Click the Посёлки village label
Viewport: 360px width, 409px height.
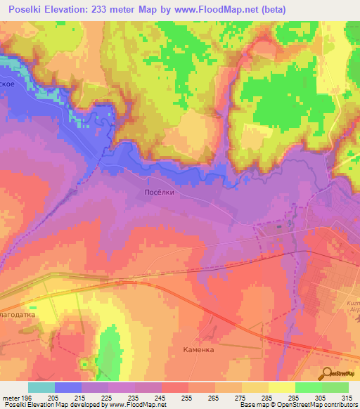point(155,191)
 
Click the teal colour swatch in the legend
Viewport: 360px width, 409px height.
point(41,387)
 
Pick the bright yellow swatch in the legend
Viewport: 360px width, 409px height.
point(282,387)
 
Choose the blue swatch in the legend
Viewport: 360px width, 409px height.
point(68,387)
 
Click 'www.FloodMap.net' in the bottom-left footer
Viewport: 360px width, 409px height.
point(132,405)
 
